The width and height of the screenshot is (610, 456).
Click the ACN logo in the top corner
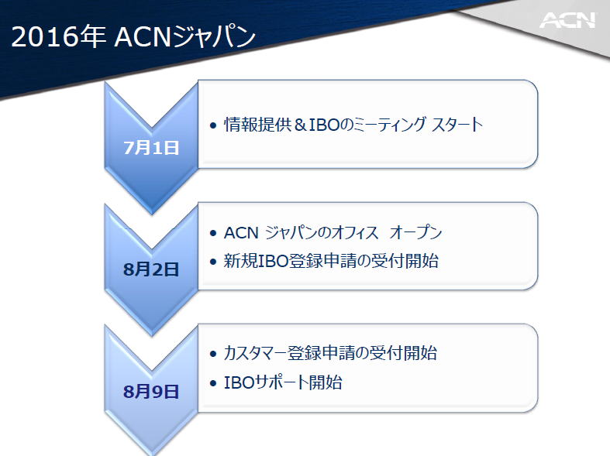[x=567, y=20]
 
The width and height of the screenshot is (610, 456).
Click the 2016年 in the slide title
[x=58, y=37]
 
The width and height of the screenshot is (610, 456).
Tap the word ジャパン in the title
[x=214, y=37]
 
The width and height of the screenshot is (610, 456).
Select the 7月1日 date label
[x=151, y=148]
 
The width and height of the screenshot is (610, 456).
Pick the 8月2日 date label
[x=151, y=269]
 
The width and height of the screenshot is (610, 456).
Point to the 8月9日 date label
[x=151, y=392]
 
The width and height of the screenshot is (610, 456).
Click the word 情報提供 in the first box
[x=257, y=125]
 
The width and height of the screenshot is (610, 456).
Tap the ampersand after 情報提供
[x=300, y=125]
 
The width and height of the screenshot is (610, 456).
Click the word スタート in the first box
[x=457, y=125]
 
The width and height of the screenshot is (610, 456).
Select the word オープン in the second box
[x=415, y=232]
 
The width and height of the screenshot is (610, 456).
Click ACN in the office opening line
[x=241, y=233]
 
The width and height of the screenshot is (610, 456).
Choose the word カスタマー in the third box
[x=255, y=353]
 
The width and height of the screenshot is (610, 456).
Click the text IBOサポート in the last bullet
[x=266, y=382]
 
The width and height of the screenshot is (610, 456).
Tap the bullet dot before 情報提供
[x=213, y=125]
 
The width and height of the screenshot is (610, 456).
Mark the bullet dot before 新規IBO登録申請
[x=213, y=262]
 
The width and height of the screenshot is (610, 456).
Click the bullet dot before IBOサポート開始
[x=213, y=383]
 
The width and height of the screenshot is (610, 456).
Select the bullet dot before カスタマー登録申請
[x=213, y=354]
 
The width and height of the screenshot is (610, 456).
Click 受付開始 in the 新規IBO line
[x=405, y=261]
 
